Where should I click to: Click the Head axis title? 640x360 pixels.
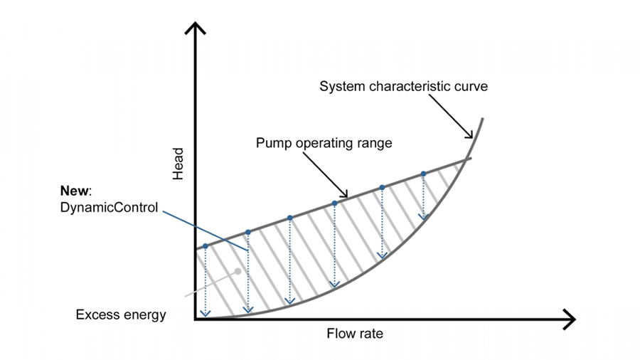(178, 164)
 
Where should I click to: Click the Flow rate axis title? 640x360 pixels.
(355, 334)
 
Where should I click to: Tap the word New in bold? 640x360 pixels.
(74, 191)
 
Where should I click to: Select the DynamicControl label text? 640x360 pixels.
(109, 207)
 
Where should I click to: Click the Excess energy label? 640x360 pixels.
(121, 314)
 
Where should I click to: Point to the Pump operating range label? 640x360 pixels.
(324, 143)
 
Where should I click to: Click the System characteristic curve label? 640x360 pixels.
(403, 86)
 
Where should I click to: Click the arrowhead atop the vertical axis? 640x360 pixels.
(196, 28)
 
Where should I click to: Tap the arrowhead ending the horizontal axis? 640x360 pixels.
(569, 319)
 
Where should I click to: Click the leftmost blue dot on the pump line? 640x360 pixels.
(206, 246)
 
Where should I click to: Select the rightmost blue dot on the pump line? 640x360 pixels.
(424, 174)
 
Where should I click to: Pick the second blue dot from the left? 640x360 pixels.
(248, 232)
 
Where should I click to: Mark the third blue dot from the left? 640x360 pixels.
(290, 218)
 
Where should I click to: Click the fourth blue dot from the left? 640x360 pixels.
(335, 203)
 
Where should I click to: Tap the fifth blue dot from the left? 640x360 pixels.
(382, 188)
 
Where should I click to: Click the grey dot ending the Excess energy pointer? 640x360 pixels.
(238, 271)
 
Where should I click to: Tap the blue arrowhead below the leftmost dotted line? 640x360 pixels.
(206, 314)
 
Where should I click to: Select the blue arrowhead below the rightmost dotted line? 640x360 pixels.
(424, 217)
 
